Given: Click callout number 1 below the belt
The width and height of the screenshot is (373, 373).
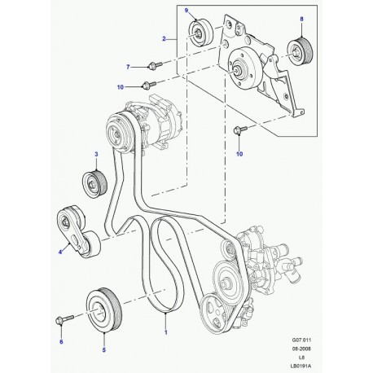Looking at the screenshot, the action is pyautogui.click(x=166, y=332).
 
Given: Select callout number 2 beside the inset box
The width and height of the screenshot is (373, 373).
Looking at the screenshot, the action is pyautogui.click(x=164, y=38).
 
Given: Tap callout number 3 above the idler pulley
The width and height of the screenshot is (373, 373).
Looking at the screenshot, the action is pyautogui.click(x=96, y=154).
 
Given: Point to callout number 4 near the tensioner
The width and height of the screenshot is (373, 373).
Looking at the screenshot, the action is pyautogui.click(x=60, y=252).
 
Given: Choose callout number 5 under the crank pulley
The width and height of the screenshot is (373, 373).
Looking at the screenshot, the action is pyautogui.click(x=104, y=350).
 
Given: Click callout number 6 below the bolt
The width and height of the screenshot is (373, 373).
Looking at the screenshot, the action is pyautogui.click(x=61, y=341).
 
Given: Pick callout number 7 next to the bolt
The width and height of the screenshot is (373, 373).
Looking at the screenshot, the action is pyautogui.click(x=129, y=67).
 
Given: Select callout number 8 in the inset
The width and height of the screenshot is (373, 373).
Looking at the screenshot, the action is pyautogui.click(x=301, y=19).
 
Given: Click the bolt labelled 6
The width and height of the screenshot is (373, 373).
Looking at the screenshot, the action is pyautogui.click(x=64, y=319).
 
